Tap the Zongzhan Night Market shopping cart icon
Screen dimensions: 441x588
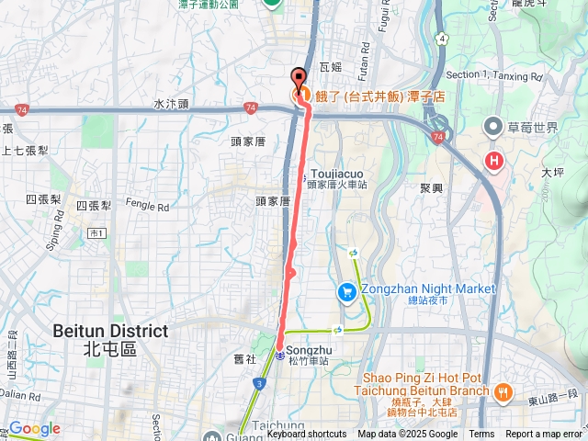point(346,293)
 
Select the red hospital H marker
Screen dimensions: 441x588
point(495,162)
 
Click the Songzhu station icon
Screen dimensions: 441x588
point(279,355)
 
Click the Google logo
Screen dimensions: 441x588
point(34,428)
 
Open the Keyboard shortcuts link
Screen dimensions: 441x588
point(307,435)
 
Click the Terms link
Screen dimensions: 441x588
point(481,435)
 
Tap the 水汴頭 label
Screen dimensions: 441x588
point(171,105)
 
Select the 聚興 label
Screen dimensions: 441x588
point(431,187)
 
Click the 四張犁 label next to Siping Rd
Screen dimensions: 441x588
point(43,199)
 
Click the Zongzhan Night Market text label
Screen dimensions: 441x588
point(427,288)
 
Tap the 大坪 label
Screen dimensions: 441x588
point(552,172)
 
